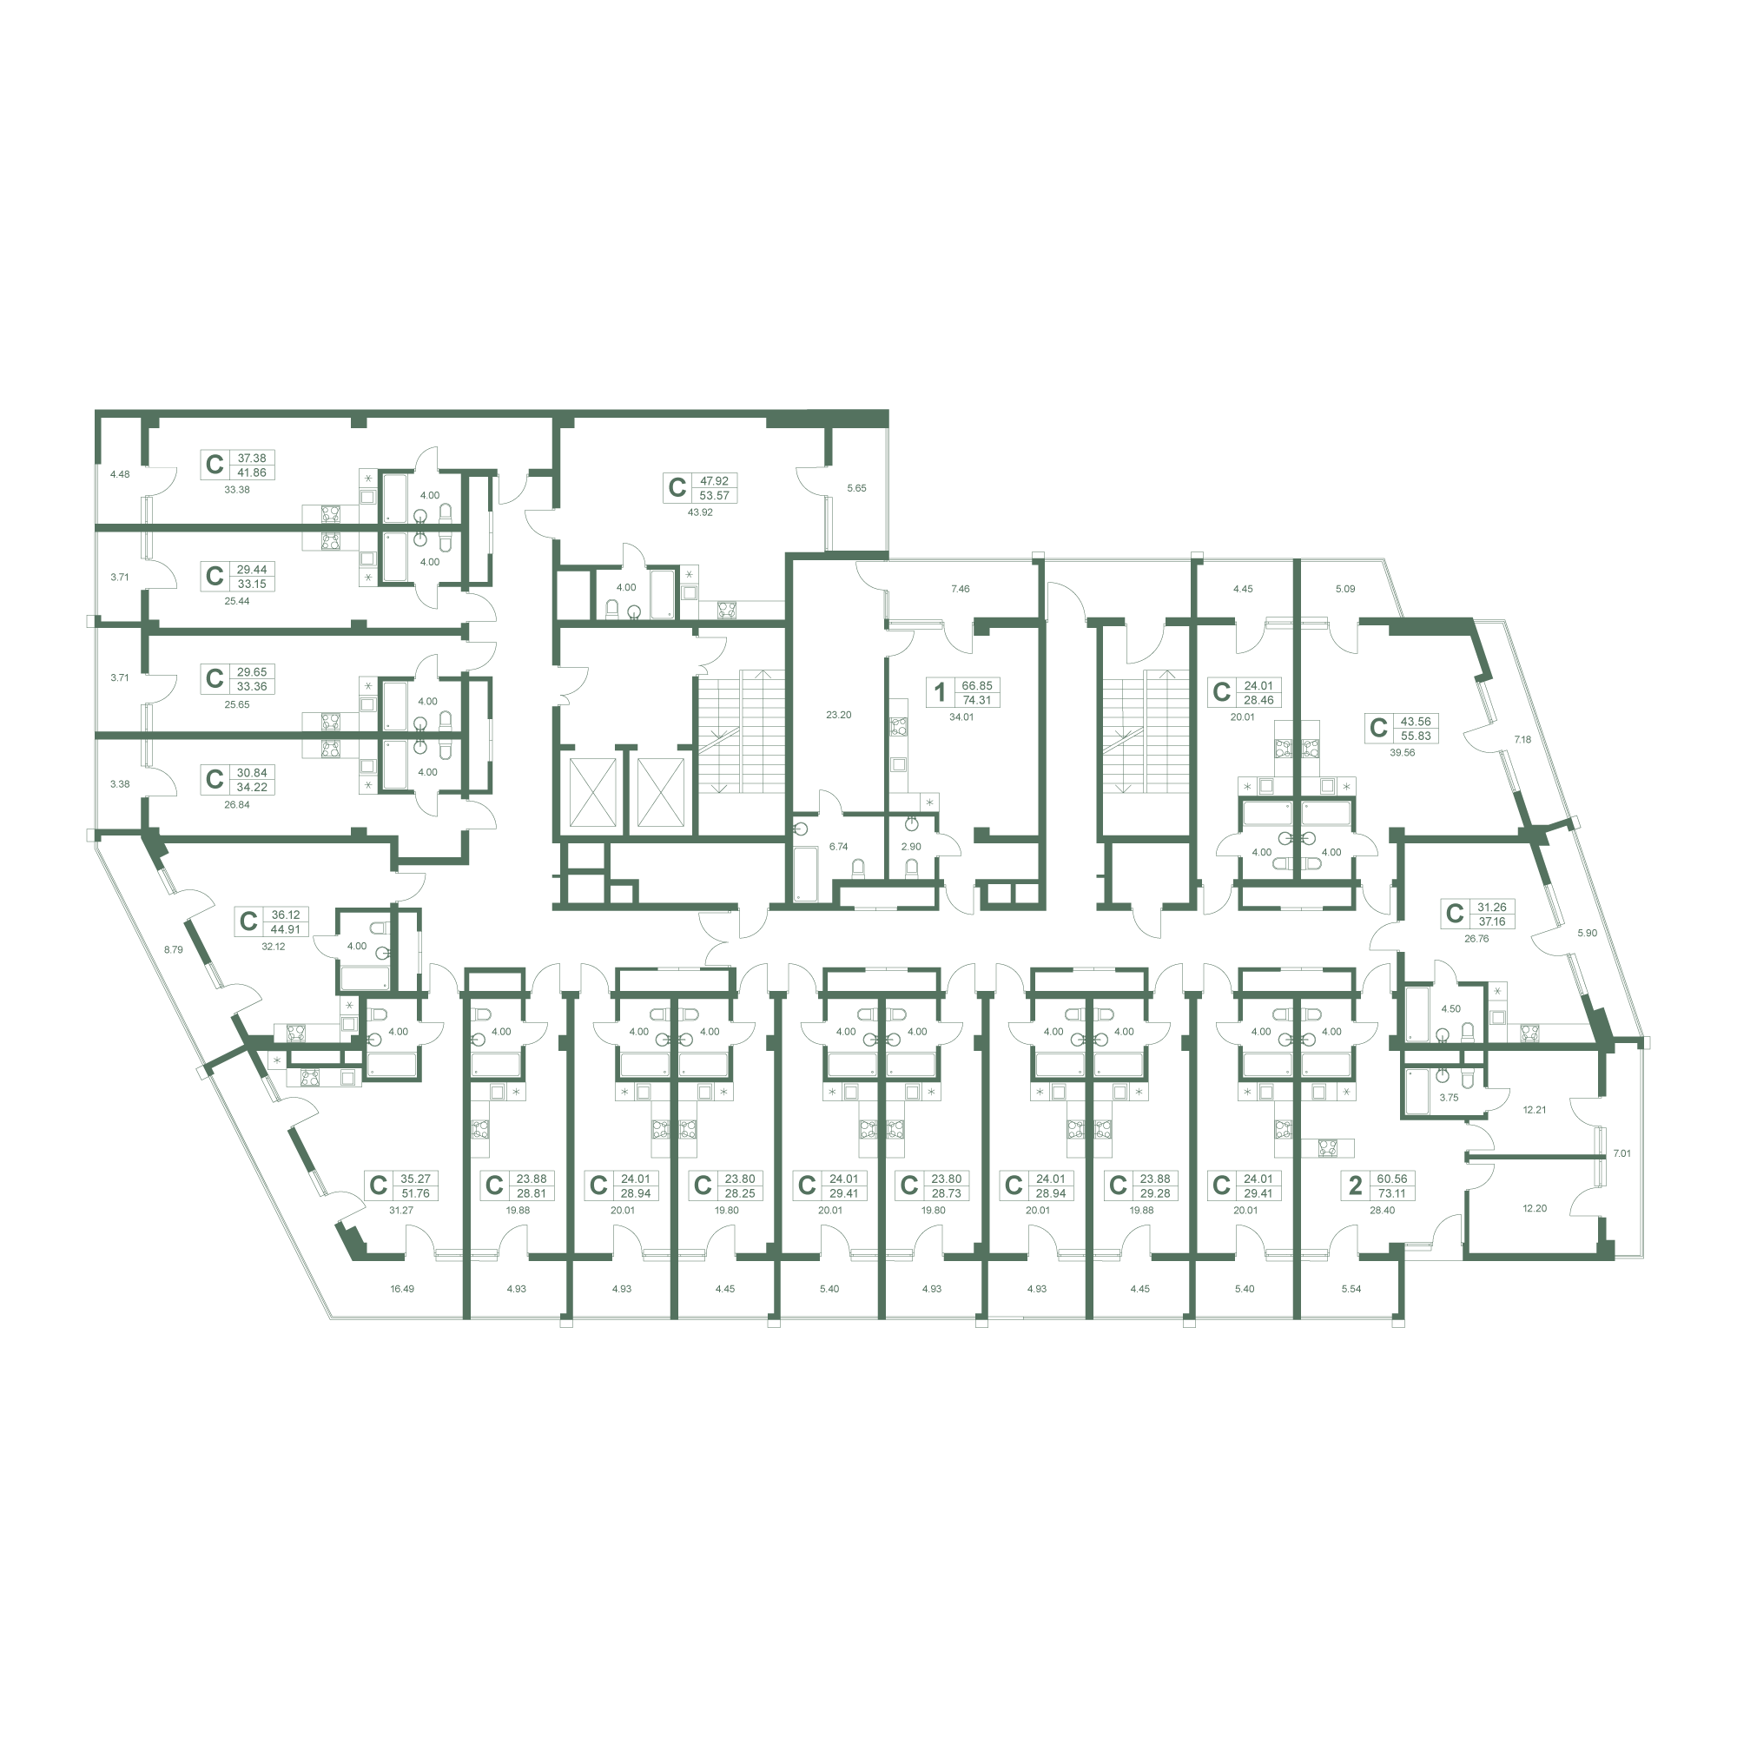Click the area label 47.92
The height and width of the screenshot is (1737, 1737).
(714, 481)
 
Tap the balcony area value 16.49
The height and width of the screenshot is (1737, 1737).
(402, 1288)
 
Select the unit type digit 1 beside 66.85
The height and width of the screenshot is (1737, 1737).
(940, 691)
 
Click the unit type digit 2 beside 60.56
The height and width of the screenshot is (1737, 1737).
(1355, 1185)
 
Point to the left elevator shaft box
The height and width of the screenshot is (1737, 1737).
(593, 792)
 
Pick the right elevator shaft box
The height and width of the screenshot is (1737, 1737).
(661, 792)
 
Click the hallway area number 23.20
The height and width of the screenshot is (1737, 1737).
(838, 715)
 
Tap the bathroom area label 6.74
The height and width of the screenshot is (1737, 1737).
(838, 846)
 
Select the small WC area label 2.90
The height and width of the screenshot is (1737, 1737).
(911, 846)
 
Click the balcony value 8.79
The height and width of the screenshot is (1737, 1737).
(173, 948)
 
